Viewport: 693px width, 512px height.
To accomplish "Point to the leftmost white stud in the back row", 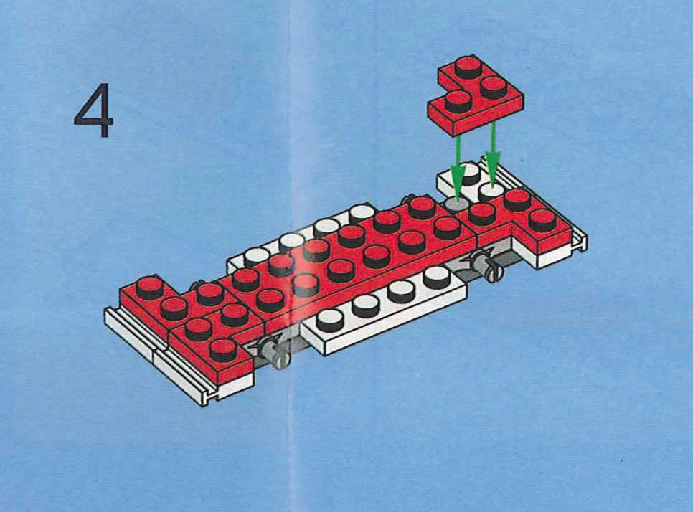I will (255, 255).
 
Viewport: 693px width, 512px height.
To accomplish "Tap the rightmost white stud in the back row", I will (362, 213).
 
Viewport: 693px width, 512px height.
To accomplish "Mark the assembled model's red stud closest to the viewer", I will (223, 349).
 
